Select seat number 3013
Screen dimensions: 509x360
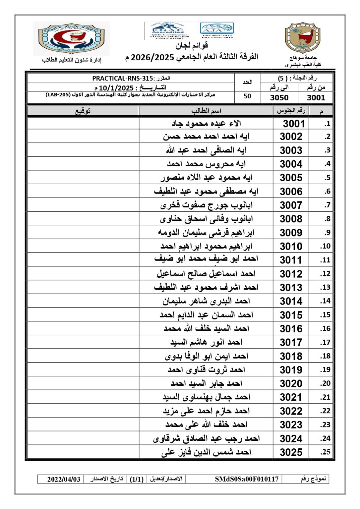[x=291, y=287]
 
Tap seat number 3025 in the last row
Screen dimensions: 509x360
[x=291, y=452]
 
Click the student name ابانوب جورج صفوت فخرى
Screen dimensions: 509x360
[x=206, y=205]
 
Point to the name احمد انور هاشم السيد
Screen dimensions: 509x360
[x=206, y=342]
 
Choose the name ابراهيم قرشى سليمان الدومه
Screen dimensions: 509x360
[x=206, y=233]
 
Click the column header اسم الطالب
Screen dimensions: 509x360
[x=206, y=111]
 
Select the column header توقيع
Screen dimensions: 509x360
[x=83, y=111]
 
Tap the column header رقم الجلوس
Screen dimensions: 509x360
[x=291, y=111]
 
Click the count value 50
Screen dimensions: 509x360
[x=247, y=96]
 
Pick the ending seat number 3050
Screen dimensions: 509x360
[x=279, y=97]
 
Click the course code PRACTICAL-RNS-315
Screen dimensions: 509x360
[x=123, y=79]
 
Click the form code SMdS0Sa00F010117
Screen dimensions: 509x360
[x=247, y=479]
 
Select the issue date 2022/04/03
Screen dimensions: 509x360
[x=64, y=479]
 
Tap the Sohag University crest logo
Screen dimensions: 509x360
[x=303, y=38]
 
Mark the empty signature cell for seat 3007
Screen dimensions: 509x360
[x=83, y=205]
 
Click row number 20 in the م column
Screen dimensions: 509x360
[x=325, y=383]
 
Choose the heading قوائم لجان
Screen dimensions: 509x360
[x=192, y=46]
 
